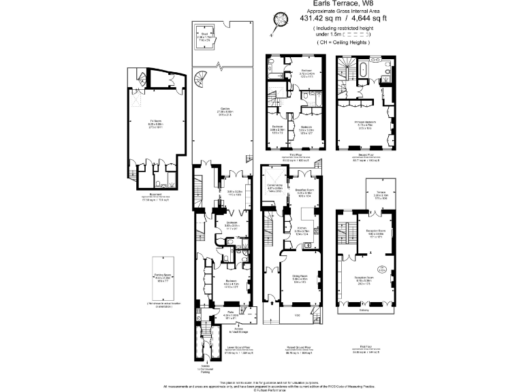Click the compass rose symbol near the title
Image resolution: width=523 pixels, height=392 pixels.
pos(278,20)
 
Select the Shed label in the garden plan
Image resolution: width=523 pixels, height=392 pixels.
pos(204,33)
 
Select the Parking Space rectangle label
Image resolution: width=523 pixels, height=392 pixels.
pos(161,276)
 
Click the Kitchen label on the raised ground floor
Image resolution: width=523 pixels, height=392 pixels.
pos(303,228)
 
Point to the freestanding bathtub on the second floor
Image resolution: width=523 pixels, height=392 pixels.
pos(363,70)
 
